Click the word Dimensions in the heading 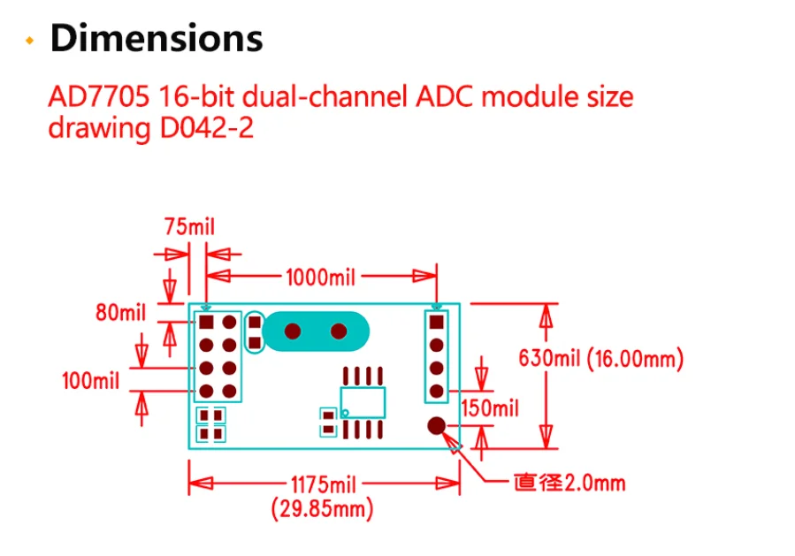tap(156, 39)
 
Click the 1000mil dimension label tap(320, 278)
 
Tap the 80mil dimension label tap(120, 312)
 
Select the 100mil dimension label tap(91, 382)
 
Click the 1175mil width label tap(323, 484)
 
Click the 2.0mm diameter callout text tap(570, 484)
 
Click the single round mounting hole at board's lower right tap(436, 426)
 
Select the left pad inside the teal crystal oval tap(293, 331)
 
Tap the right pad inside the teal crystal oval tap(339, 331)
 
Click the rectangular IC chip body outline tap(363, 402)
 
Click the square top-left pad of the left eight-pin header tap(207, 322)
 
